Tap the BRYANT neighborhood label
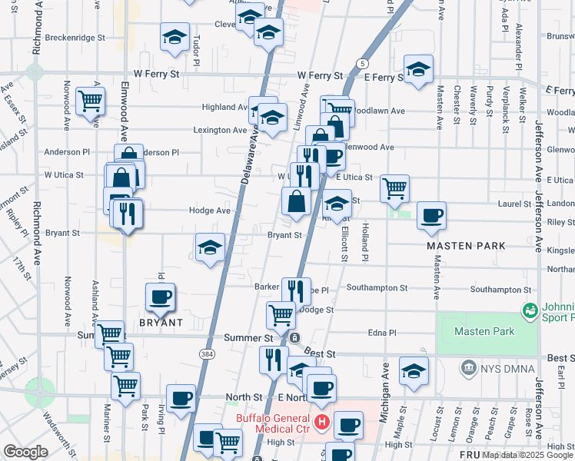tap(161, 323)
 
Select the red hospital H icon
tap(322, 422)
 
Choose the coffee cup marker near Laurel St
tap(431, 215)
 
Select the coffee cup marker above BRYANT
tap(160, 297)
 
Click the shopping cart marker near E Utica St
tap(394, 187)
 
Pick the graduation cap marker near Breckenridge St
tap(174, 36)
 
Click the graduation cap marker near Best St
tap(414, 373)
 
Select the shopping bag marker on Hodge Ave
tap(296, 202)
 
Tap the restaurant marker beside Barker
tap(296, 290)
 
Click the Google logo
tap(25, 452)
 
